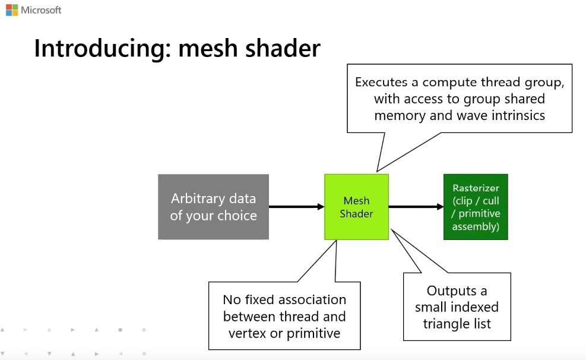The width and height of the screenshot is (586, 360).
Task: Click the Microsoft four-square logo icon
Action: coord(12,10)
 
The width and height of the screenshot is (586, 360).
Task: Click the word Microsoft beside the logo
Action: coord(41,10)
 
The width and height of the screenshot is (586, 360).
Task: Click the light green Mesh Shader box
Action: coord(357,207)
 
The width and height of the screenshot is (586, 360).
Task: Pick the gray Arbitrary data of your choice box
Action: coord(213,207)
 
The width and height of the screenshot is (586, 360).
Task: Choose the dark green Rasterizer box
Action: coord(476,207)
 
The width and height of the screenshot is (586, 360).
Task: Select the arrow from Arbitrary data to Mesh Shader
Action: coord(296,206)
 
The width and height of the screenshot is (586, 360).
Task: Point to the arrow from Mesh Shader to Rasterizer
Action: coord(416,206)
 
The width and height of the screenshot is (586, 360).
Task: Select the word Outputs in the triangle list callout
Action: coord(451,291)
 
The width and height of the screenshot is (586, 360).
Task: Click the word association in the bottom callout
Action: coord(312,299)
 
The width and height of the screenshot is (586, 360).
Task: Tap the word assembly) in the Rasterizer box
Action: coord(476,226)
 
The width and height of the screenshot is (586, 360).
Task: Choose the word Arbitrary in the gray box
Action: coord(198,198)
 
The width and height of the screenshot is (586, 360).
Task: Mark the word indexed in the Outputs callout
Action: coord(477,307)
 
